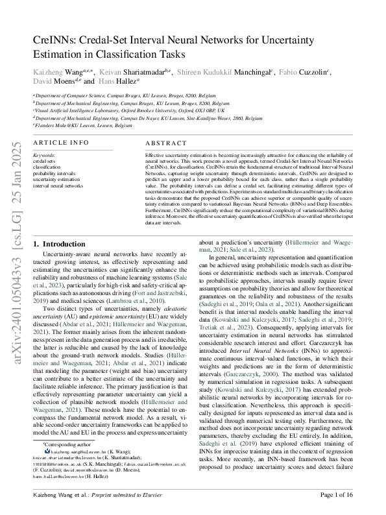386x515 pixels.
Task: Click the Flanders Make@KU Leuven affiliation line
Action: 77,126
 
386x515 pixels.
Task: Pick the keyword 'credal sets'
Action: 45,162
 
